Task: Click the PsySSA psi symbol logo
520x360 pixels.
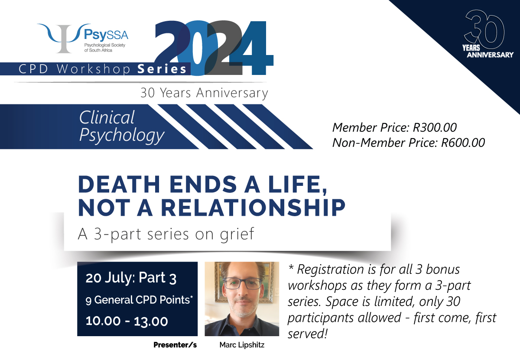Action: (x=64, y=37)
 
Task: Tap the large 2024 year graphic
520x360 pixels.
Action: (x=214, y=48)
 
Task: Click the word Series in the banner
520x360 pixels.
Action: (x=162, y=69)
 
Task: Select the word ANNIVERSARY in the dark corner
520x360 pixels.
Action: (x=490, y=55)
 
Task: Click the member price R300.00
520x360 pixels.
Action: (x=435, y=127)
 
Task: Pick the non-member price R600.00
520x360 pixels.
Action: (x=463, y=143)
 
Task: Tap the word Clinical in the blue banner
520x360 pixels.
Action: (x=107, y=117)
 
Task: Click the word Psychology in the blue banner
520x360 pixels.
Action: (x=122, y=135)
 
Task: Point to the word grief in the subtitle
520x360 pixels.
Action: (x=237, y=234)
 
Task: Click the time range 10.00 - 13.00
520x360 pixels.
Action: (x=127, y=321)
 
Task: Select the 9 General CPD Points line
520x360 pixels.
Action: (x=139, y=300)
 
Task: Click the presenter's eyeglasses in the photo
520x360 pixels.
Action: (x=242, y=283)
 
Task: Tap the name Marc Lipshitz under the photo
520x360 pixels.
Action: (x=242, y=345)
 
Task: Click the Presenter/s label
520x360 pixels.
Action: (x=175, y=345)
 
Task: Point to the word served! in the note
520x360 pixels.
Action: (x=308, y=334)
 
